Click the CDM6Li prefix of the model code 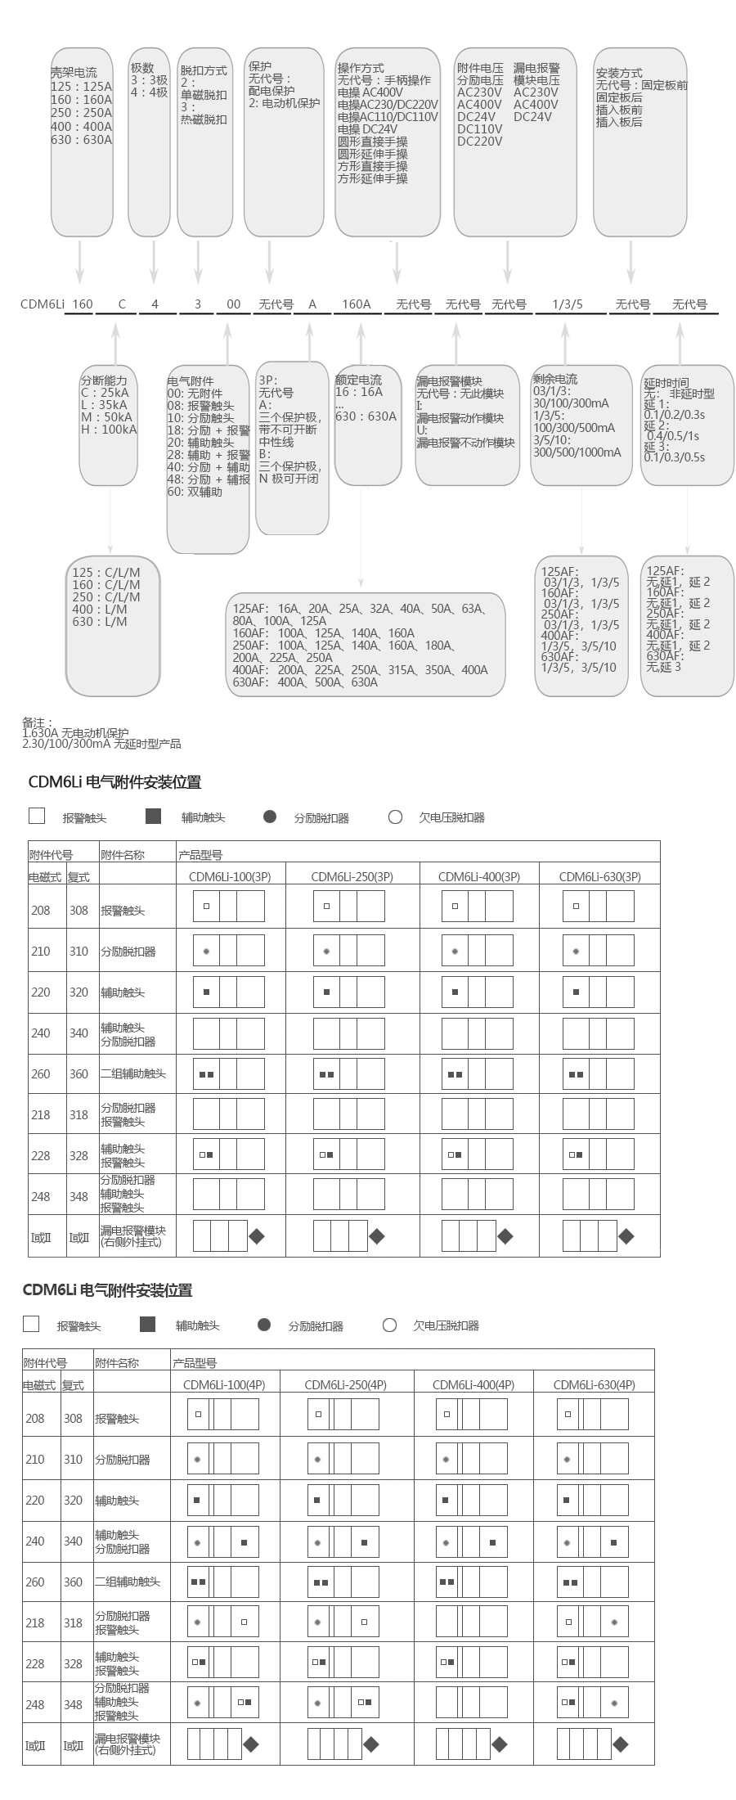tap(43, 304)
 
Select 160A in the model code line tap(356, 304)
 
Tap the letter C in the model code tap(122, 304)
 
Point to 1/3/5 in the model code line tap(568, 304)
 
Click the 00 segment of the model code tap(234, 304)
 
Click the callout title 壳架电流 tap(74, 74)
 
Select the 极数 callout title tap(142, 69)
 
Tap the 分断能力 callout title tap(104, 380)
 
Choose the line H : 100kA tap(109, 430)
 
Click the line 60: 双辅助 tap(195, 492)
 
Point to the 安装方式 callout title tap(619, 73)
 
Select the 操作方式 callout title tap(361, 69)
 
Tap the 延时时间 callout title tap(666, 382)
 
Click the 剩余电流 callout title tap(555, 379)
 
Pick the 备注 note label tap(37, 722)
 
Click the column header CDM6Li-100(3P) tap(230, 876)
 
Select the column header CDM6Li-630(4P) tap(594, 1384)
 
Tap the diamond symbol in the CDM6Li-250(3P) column tap(377, 1236)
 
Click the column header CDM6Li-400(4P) tap(473, 1384)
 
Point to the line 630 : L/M tap(100, 622)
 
